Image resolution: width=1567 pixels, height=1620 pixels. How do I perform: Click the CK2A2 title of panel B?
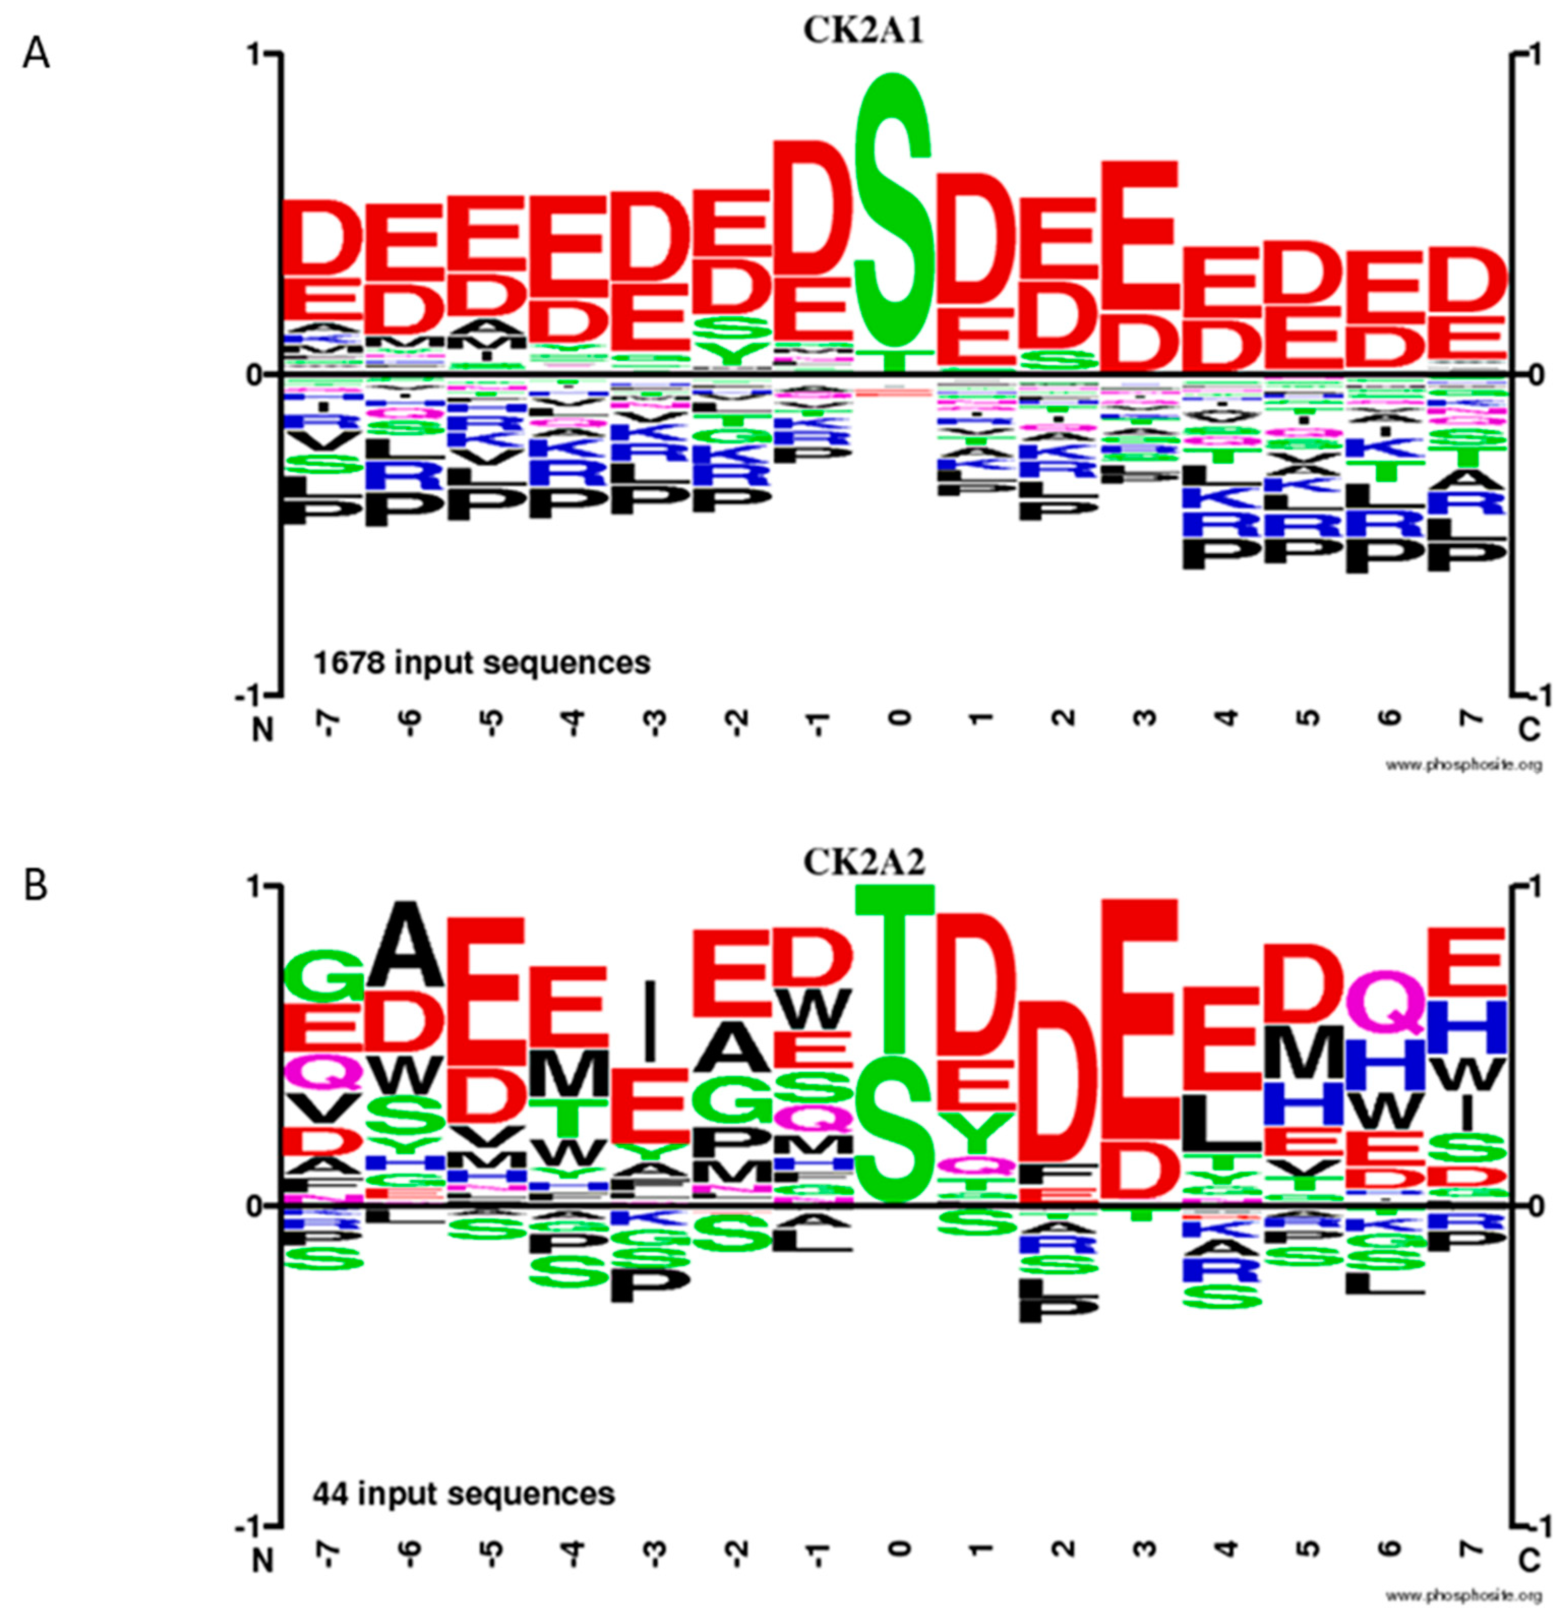click(x=864, y=862)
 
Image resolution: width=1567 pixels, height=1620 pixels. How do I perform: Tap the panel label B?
click(x=37, y=886)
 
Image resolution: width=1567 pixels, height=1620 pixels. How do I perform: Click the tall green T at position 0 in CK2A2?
click(x=894, y=967)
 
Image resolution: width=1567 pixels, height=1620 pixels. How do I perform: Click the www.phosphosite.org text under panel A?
click(x=1463, y=765)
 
